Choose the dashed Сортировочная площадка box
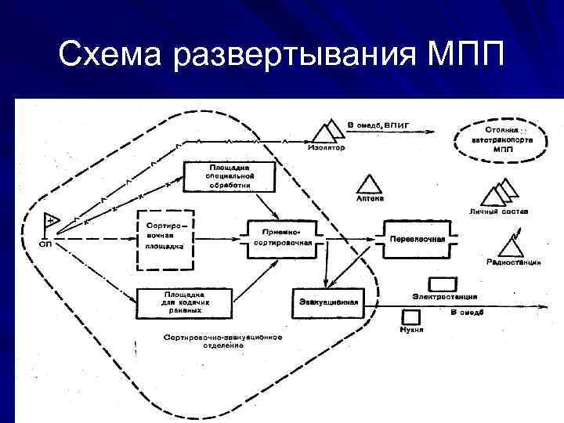click(x=165, y=233)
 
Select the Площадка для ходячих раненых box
click(x=184, y=302)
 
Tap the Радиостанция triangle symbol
click(x=513, y=246)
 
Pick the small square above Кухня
click(x=410, y=317)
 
